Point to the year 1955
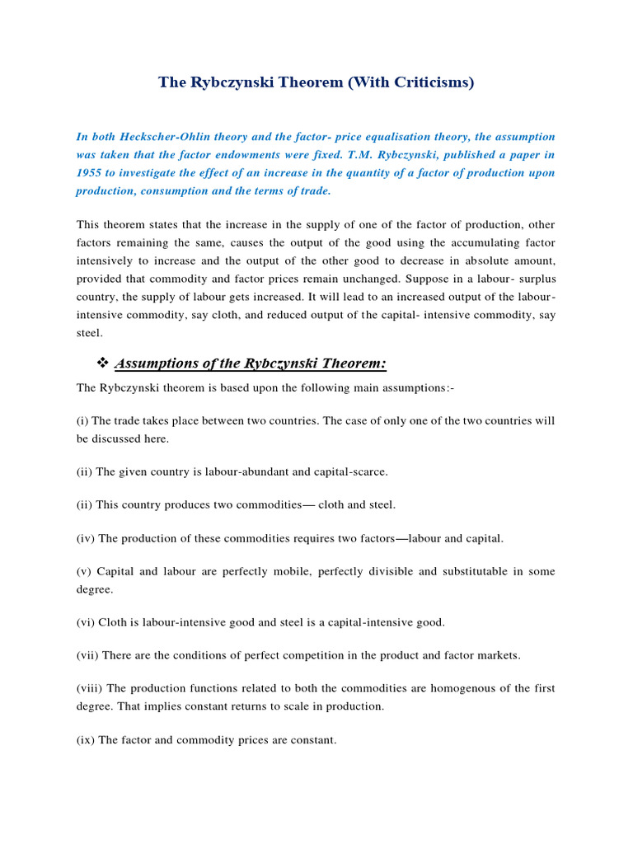(89, 172)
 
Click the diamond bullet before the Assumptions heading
(103, 363)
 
